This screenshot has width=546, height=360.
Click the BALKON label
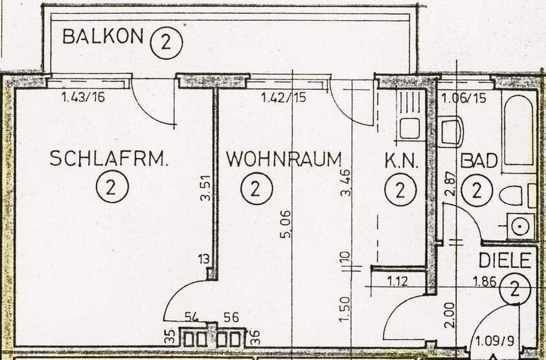102,37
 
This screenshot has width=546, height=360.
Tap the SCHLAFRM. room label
109,159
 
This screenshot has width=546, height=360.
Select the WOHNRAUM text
284,159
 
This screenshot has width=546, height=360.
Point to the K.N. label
402,161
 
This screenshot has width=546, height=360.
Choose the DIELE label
505,261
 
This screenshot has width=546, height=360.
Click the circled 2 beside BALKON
166,43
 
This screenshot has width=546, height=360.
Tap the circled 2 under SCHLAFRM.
109,189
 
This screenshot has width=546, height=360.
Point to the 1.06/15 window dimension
462,98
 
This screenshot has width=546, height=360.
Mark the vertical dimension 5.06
286,223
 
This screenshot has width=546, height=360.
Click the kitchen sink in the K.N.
409,128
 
